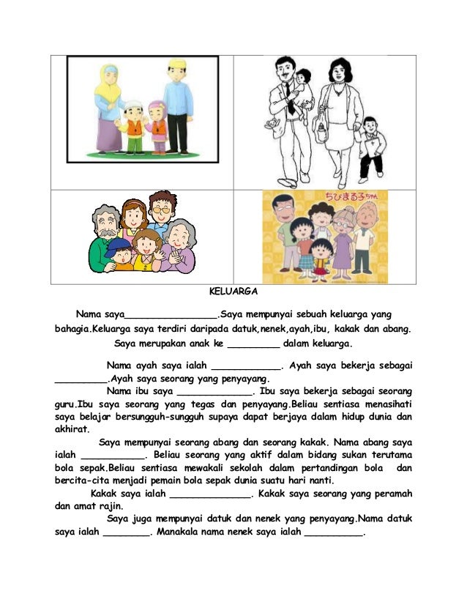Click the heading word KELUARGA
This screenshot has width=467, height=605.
233,291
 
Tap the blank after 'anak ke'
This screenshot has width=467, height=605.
253,344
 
